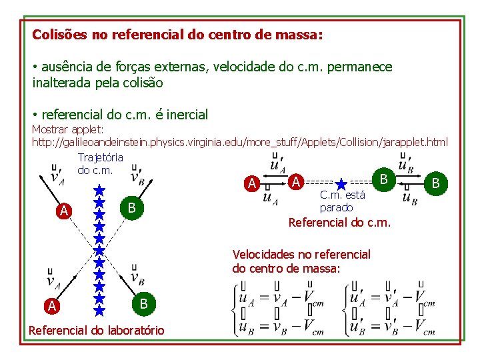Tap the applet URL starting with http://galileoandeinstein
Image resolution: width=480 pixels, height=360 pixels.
(240, 142)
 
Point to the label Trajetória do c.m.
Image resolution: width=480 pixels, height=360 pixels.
(100, 164)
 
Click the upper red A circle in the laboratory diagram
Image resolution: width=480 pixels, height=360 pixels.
(63, 211)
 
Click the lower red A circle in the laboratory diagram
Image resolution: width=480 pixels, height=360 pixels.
(51, 306)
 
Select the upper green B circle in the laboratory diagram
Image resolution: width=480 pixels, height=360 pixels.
(132, 208)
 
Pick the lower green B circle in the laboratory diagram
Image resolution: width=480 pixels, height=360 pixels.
(141, 304)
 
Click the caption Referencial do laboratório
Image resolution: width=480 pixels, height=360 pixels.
(97, 330)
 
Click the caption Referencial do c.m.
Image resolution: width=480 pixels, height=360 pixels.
(339, 222)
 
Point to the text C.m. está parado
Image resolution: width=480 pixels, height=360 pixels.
(342, 201)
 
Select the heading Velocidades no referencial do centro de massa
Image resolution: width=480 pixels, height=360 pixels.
(301, 261)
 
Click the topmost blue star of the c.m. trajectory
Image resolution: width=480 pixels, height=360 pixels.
(99, 190)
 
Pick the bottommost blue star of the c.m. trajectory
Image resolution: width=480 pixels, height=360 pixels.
(99, 310)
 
